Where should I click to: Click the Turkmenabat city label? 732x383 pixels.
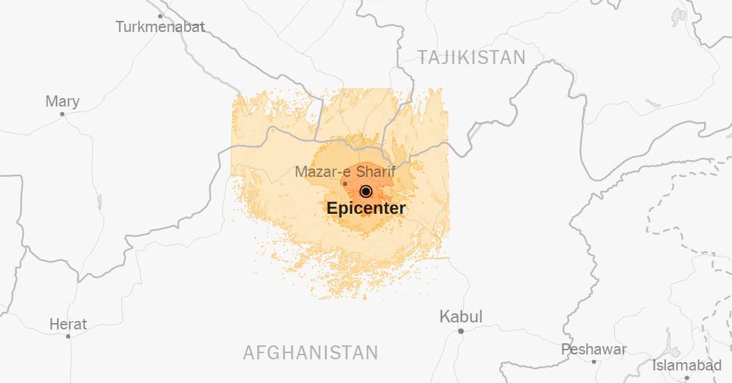160,27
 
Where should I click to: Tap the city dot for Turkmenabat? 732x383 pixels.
160,15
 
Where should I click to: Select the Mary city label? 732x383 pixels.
62,102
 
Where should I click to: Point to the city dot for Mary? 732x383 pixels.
62,114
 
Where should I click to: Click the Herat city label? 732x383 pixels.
68,325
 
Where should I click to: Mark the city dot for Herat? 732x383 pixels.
68,336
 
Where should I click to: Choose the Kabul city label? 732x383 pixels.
460,317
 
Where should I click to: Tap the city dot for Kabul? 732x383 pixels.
461,331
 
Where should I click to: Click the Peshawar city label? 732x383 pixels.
594,349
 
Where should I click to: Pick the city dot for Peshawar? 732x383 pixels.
594,361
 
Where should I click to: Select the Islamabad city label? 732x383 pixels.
687,366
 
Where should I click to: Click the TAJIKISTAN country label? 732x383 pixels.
471,58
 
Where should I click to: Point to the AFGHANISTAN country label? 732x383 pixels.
310,352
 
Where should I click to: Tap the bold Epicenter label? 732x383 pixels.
365,208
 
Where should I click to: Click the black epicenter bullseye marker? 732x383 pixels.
366,191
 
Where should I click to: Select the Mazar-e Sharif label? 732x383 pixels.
345,171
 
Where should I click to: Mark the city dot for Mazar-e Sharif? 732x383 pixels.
344,184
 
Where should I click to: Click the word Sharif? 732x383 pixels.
376,171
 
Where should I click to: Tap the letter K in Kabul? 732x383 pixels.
444,317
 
